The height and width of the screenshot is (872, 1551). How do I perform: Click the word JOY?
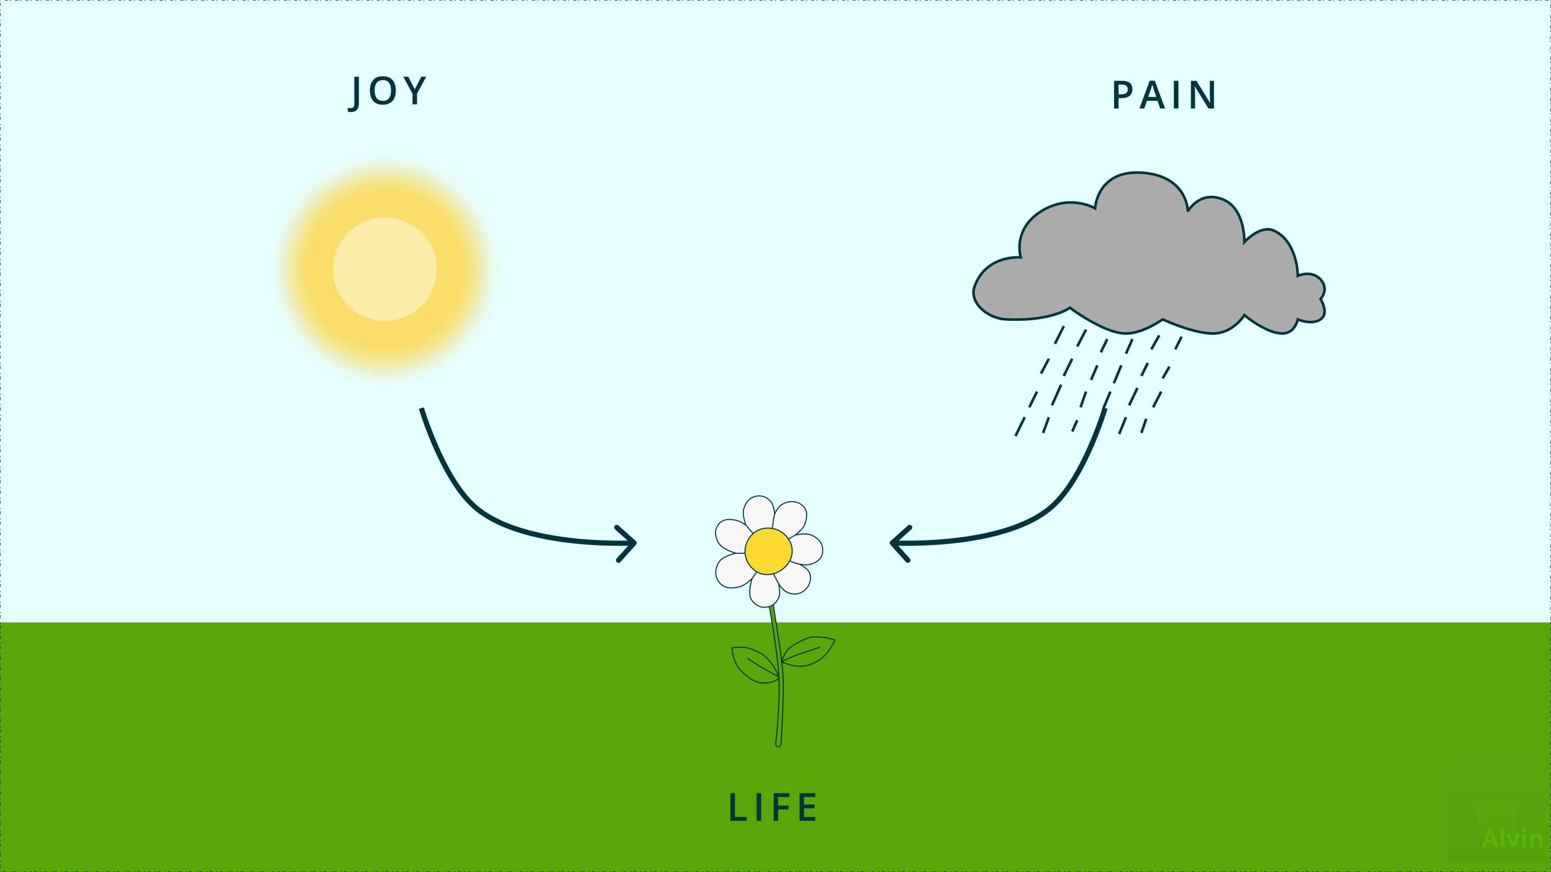[388, 91]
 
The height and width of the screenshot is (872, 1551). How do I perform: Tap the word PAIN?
[1164, 95]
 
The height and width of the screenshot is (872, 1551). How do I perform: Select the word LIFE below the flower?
[773, 807]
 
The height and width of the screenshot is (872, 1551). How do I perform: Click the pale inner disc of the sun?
[385, 269]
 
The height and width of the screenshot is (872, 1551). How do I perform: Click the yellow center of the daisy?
[768, 551]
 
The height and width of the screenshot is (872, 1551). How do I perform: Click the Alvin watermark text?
[1511, 838]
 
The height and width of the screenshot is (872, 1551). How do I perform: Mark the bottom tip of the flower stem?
[779, 744]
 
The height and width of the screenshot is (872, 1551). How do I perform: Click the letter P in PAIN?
[1122, 95]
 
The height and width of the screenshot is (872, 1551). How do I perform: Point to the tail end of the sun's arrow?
[422, 410]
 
